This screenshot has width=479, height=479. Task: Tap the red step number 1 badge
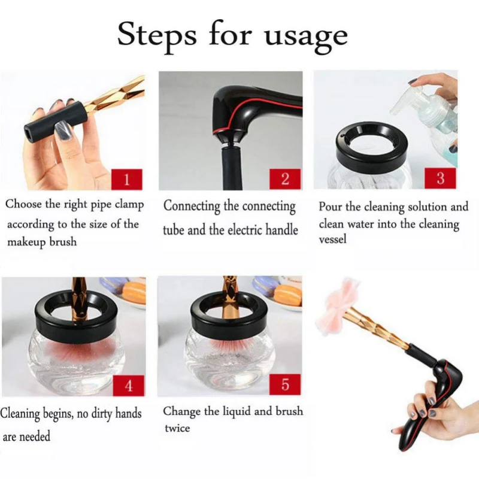click(127, 179)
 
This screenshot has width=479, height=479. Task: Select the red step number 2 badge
click(285, 179)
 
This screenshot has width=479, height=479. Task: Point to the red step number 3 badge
click(440, 178)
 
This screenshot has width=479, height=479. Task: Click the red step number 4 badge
click(129, 386)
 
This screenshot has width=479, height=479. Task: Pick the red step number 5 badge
click(285, 384)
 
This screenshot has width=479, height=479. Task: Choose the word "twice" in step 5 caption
click(177, 428)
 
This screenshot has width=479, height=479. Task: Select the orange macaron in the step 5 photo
click(289, 294)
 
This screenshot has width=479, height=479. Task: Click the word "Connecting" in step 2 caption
click(191, 206)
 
